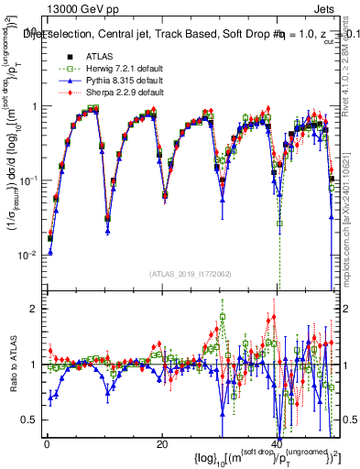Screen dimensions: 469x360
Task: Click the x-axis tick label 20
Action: click(161, 443)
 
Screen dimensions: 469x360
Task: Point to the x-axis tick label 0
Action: click(45, 443)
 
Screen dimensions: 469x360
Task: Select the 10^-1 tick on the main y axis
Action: click(27, 180)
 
